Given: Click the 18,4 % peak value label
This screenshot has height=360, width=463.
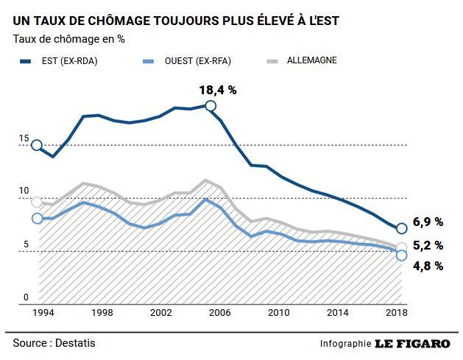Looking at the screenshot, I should (x=217, y=91).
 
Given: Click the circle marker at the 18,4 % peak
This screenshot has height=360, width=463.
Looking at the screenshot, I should (x=211, y=106).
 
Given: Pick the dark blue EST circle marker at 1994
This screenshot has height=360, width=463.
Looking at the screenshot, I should (x=37, y=146).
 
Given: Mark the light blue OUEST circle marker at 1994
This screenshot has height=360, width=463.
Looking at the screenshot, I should (x=38, y=218).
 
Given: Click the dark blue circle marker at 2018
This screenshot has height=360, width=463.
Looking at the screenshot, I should (x=401, y=228).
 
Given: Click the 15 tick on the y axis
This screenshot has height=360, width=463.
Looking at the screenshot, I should (x=24, y=138).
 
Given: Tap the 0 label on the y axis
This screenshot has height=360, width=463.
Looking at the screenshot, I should (x=26, y=297).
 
